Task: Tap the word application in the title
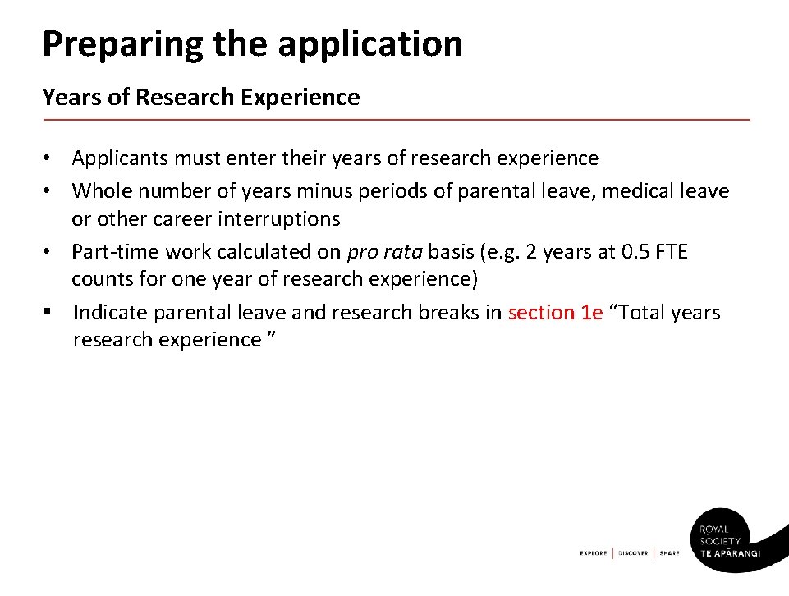(x=370, y=44)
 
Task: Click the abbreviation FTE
(x=670, y=251)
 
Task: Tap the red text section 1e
(x=555, y=313)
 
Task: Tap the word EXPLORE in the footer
(x=593, y=553)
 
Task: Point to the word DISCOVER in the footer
(x=633, y=553)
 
